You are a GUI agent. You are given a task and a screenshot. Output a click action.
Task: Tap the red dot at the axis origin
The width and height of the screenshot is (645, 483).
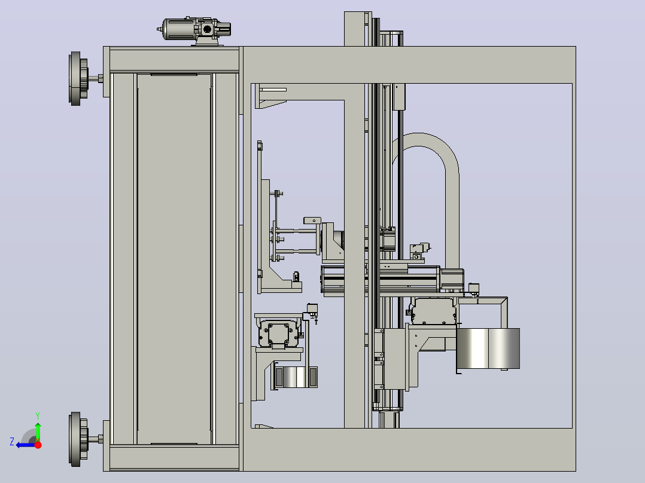pos(38,445)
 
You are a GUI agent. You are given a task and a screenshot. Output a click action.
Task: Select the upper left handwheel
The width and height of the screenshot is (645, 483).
pos(78,78)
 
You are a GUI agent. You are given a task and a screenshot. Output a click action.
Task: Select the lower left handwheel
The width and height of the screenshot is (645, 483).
pos(78,439)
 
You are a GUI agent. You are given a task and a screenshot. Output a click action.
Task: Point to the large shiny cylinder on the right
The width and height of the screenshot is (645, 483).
pos(488,349)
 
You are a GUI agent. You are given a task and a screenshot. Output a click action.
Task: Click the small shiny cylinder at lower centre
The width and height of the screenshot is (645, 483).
pos(294,377)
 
